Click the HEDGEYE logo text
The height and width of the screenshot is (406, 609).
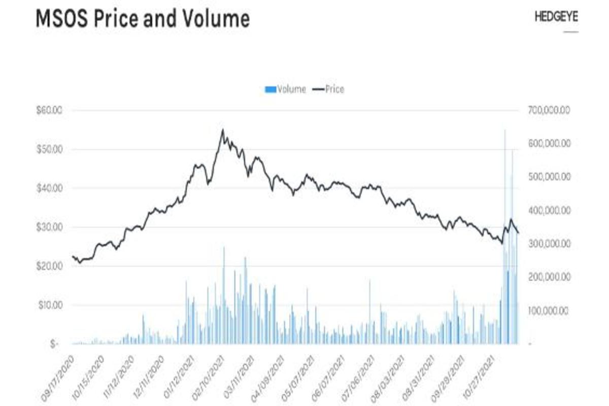556,17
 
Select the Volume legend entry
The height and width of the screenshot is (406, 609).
285,89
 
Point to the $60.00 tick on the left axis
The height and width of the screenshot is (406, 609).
50,110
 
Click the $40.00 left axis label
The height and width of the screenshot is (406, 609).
50,188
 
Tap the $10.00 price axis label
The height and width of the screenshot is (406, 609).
50,305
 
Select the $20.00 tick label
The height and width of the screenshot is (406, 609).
50,266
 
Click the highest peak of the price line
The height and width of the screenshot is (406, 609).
222,130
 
